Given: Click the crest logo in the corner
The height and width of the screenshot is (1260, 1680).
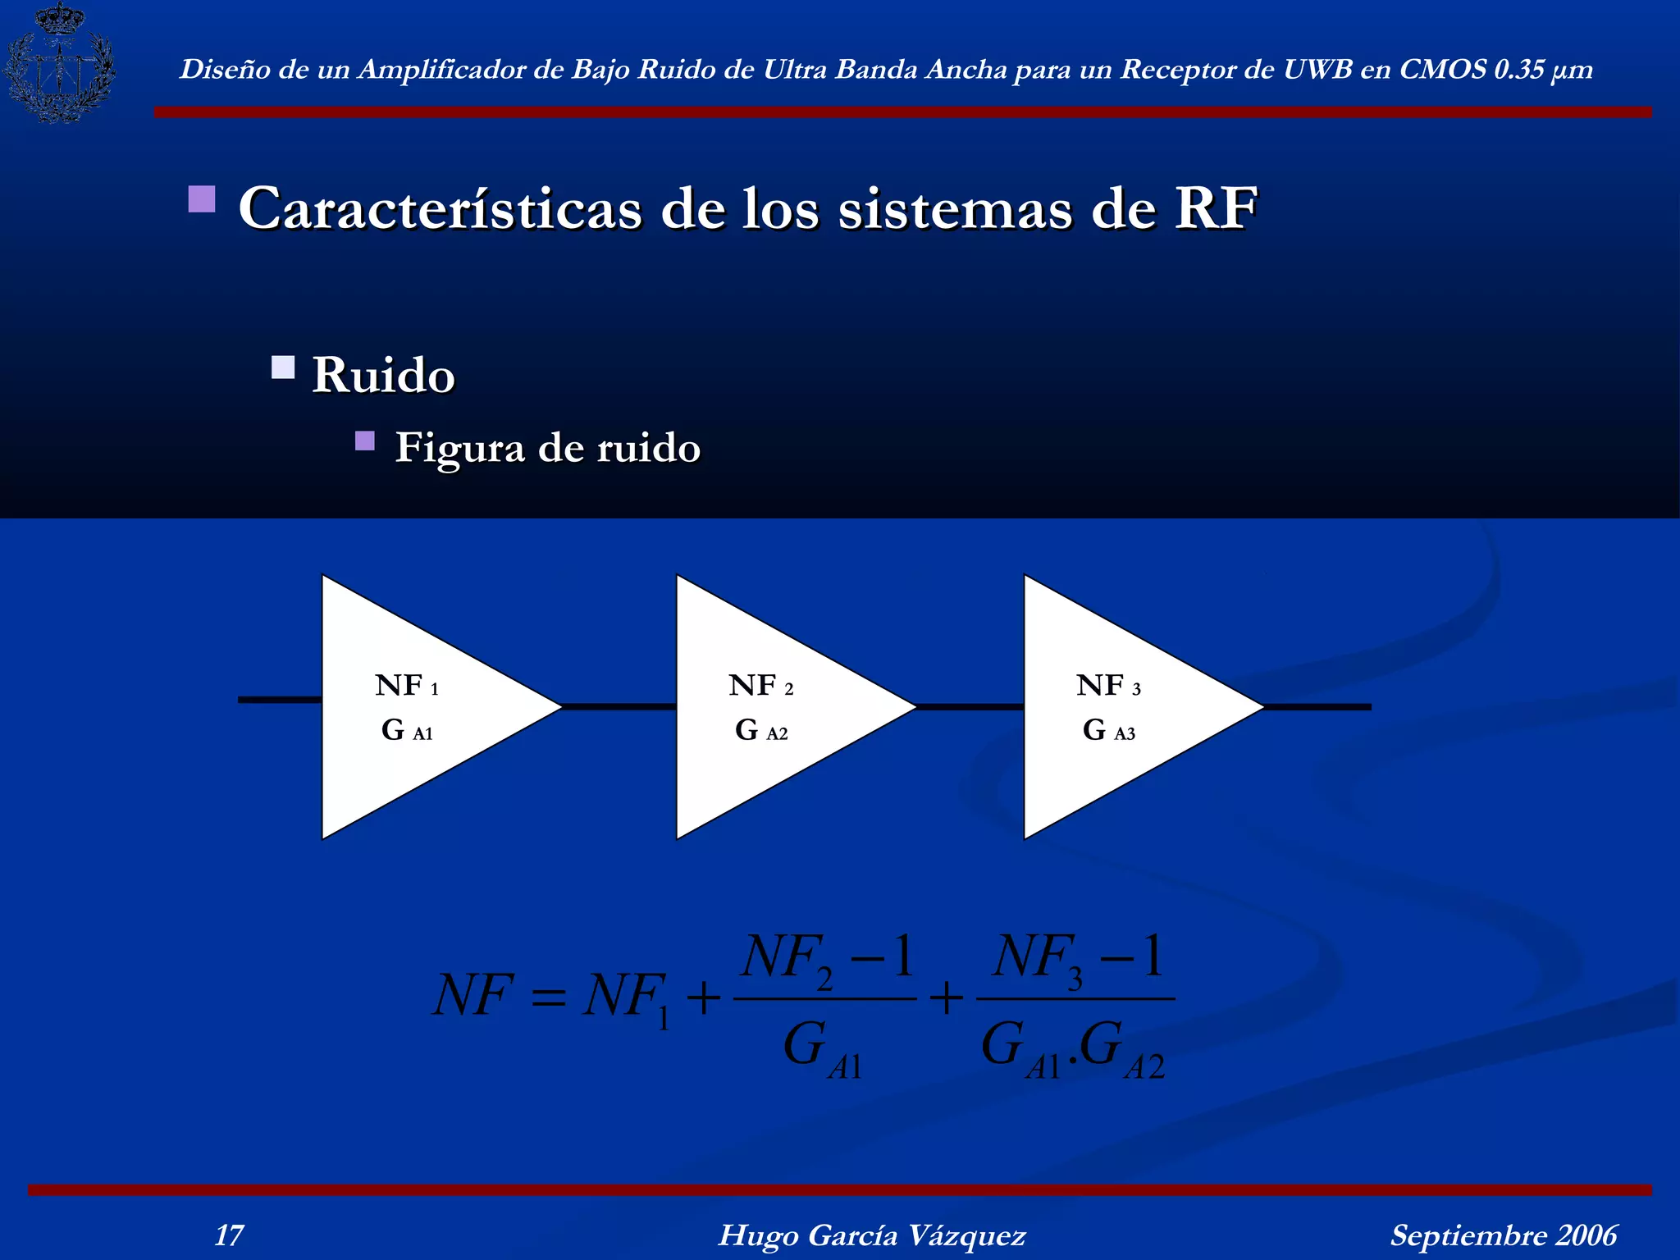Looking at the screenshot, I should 59,64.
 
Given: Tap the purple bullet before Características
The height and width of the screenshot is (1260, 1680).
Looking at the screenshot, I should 202,199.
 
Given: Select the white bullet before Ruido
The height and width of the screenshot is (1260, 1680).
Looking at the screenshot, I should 283,367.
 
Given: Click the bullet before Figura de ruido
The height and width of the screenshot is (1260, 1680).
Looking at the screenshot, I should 365,441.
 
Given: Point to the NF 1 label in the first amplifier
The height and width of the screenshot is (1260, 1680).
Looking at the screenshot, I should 407,686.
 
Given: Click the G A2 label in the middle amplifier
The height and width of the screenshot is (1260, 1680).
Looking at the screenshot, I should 761,730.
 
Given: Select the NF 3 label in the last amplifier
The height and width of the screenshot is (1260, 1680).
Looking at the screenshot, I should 1108,686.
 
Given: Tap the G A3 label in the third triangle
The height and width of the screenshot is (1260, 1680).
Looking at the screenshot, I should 1109,730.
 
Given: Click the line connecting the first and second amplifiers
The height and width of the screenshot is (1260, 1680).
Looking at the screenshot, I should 619,706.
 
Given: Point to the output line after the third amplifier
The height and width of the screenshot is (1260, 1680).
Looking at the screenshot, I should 1317,706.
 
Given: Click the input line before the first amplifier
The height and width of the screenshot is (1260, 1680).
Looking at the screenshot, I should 280,700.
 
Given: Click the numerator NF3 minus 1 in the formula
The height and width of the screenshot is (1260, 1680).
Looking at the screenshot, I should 1078,958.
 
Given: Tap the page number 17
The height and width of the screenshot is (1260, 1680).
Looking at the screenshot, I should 229,1235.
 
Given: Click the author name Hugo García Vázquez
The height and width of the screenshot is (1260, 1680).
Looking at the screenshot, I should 872,1235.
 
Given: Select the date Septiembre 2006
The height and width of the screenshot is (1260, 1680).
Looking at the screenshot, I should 1503,1235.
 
